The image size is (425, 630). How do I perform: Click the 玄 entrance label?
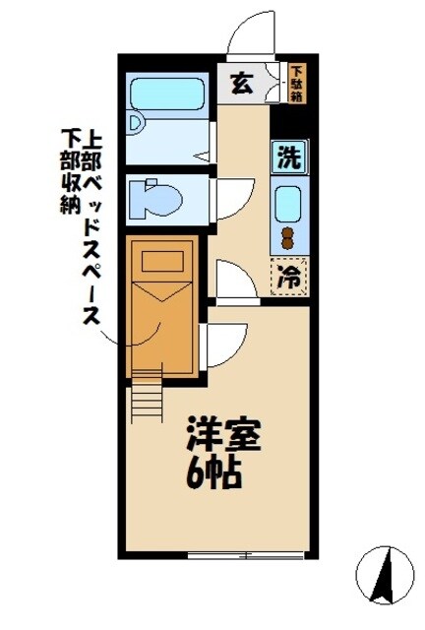point(241,84)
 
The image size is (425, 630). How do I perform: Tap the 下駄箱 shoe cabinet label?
point(297,84)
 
